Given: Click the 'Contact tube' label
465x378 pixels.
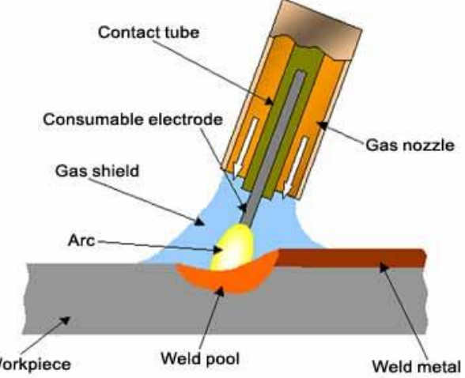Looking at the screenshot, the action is click(x=149, y=32).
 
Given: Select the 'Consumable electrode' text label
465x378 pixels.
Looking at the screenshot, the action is click(x=133, y=119).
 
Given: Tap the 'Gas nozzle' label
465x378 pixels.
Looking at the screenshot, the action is click(x=410, y=146).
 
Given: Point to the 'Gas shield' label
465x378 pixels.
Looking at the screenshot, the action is click(x=97, y=171).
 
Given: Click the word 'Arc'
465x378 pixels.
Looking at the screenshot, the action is click(x=81, y=240).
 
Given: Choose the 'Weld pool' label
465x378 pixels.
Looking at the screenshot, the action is click(x=200, y=358).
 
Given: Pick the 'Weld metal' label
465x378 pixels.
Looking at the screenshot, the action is click(x=416, y=366).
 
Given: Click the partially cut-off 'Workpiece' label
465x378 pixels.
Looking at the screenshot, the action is click(x=35, y=364).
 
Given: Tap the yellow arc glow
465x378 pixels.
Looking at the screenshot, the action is click(x=232, y=247).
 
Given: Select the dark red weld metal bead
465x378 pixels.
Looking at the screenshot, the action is click(x=351, y=258).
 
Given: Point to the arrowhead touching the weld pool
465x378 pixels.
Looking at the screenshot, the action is click(x=220, y=292).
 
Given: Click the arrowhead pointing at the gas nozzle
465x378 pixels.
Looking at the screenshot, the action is click(x=323, y=126).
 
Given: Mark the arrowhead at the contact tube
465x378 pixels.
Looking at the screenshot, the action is click(x=269, y=101).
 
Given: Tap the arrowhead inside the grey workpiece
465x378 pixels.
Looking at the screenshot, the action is click(x=65, y=321).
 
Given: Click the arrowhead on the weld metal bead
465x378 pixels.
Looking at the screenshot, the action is click(x=384, y=267).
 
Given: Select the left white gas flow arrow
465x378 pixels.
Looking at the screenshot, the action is click(x=245, y=147).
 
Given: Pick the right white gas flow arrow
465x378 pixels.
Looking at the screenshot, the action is click(x=296, y=167).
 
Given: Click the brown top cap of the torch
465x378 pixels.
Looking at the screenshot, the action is click(x=316, y=28).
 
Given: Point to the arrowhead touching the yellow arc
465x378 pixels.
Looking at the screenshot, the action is click(x=218, y=250).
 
